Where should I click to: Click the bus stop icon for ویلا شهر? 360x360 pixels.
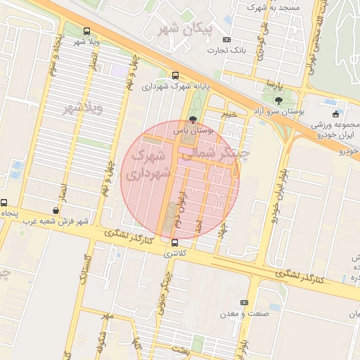point(86,31)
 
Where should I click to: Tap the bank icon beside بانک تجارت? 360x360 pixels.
point(226,40)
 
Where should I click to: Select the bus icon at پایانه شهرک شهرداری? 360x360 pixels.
point(176,75)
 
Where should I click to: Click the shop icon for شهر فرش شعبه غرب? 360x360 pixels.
point(56,210)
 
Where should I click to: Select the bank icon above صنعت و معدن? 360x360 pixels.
point(245,302)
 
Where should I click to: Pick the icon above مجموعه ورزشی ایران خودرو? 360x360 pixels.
point(335,114)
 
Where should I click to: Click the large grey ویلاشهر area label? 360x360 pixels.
point(83,108)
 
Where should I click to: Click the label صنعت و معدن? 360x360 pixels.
point(243,313)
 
